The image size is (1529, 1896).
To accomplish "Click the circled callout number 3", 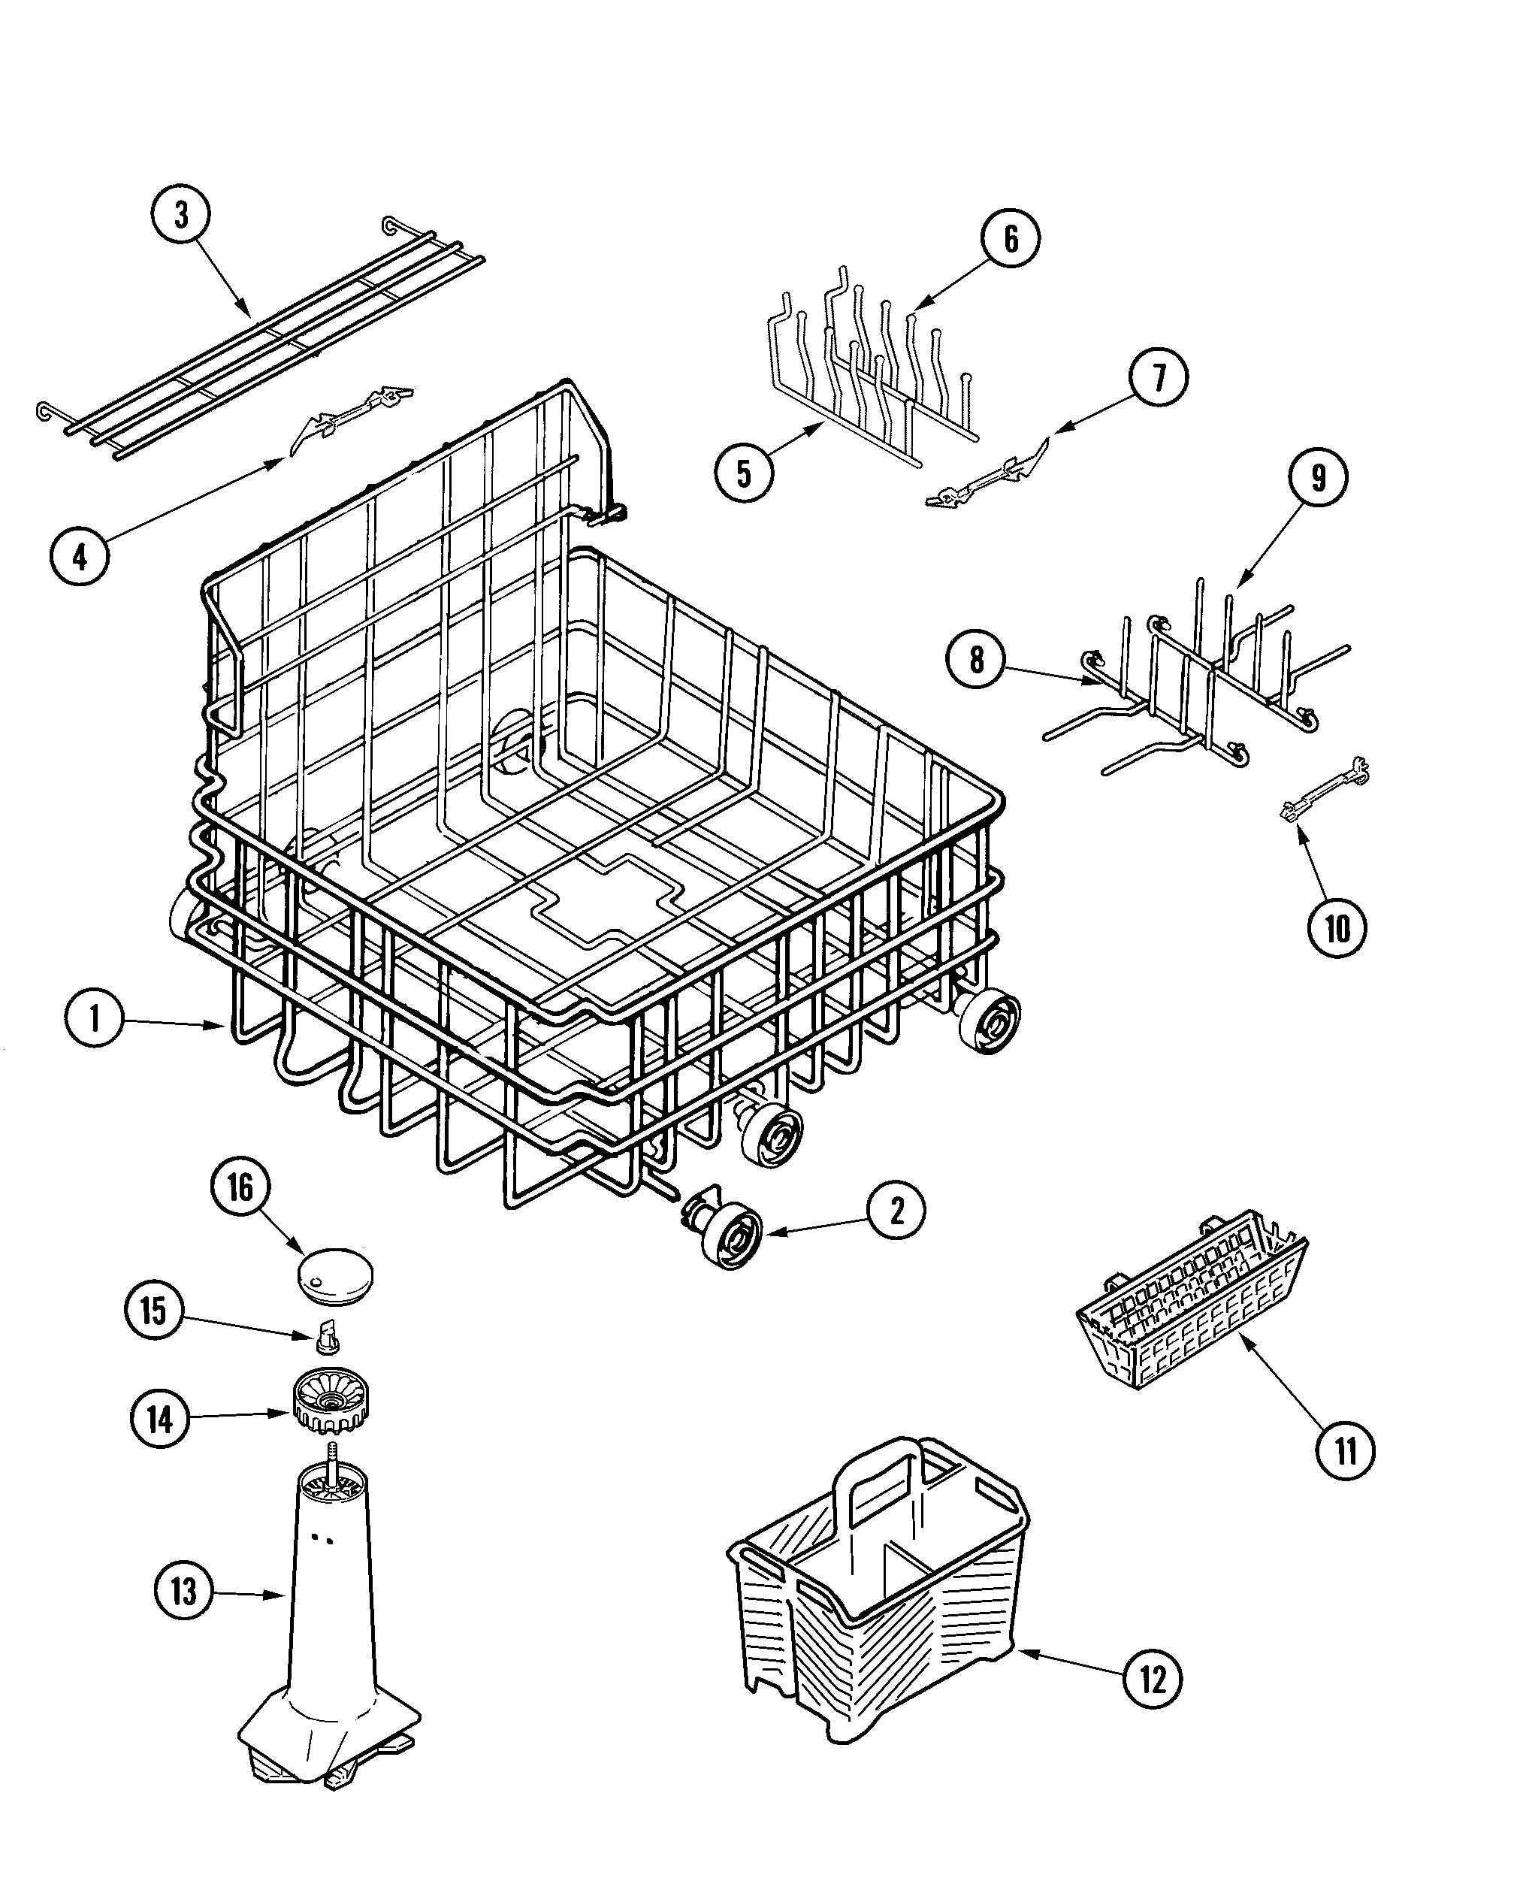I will pos(180,215).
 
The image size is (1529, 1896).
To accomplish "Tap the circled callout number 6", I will pos(1011,238).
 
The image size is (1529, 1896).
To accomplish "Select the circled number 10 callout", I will pos(1336,928).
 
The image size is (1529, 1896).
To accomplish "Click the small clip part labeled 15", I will pos(328,1338).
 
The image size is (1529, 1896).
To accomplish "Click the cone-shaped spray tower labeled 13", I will pos(331,1595).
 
